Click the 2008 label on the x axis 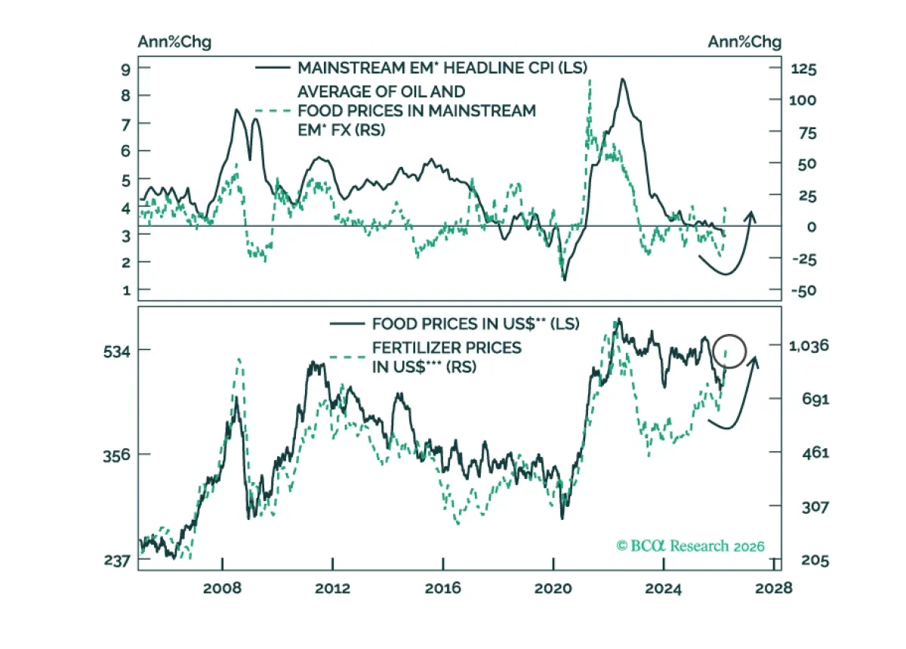tap(222, 589)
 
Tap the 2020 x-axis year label tap(553, 589)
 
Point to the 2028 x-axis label tap(773, 589)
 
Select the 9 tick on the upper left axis tap(126, 70)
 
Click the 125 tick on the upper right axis tap(803, 69)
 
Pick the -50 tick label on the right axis tap(804, 291)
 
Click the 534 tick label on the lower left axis tap(117, 352)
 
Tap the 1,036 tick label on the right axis tap(809, 346)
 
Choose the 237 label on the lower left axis tap(117, 561)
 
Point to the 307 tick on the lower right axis tap(815, 507)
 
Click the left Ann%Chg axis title tap(174, 42)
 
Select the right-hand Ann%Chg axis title tap(744, 42)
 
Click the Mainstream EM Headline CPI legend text tap(442, 67)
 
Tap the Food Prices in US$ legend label tap(476, 324)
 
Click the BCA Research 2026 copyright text tap(690, 545)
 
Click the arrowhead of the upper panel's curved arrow tap(751, 216)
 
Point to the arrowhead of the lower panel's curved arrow tap(755, 362)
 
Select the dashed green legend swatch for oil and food tap(273, 110)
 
